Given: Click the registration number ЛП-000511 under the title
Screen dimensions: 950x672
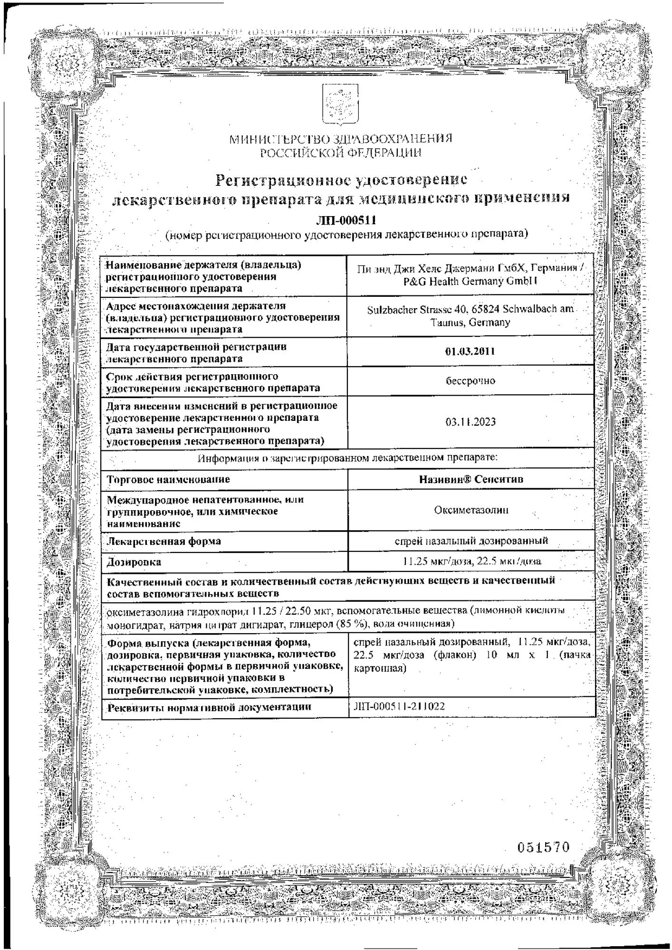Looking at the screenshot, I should pyautogui.click(x=346, y=220).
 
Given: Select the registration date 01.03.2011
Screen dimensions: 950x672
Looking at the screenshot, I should pyautogui.click(x=470, y=351).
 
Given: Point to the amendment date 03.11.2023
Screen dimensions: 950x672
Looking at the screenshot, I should pyautogui.click(x=470, y=422).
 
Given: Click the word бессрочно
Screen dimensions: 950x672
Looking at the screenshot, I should pyautogui.click(x=470, y=380).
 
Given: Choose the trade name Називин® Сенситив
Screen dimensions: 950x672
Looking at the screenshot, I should pyautogui.click(x=470, y=479).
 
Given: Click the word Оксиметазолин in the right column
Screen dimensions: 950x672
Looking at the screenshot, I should pyautogui.click(x=470, y=510).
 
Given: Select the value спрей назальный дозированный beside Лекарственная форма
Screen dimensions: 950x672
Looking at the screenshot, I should pyautogui.click(x=471, y=541).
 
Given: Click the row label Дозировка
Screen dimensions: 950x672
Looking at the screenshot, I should pyautogui.click(x=134, y=562).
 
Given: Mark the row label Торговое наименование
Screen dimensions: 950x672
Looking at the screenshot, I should pyautogui.click(x=168, y=479).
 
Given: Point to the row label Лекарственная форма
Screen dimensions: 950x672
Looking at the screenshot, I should pyautogui.click(x=164, y=541).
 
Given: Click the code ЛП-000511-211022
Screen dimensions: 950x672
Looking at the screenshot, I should pyautogui.click(x=399, y=706).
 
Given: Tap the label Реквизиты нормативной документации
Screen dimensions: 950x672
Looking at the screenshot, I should pyautogui.click(x=209, y=707).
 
